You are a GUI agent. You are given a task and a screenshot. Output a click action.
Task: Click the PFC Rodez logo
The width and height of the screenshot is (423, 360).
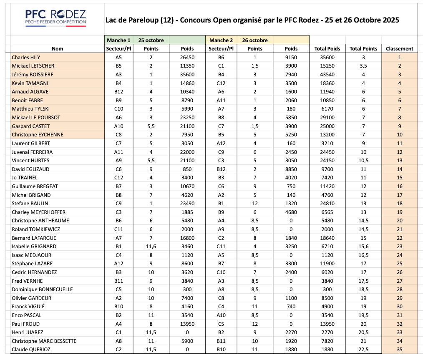(55, 17)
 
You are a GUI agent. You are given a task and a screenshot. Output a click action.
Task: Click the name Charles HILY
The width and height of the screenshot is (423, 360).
(26, 57)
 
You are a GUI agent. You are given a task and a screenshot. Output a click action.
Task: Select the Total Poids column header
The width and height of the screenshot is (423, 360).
(327, 48)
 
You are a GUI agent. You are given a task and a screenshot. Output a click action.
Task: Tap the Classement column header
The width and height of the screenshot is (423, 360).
(399, 48)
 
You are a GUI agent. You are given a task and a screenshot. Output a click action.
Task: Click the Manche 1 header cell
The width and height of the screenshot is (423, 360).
(118, 40)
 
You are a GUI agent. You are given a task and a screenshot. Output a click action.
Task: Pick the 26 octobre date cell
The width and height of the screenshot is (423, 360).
(255, 40)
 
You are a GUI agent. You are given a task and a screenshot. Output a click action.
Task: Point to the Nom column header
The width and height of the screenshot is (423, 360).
(58, 48)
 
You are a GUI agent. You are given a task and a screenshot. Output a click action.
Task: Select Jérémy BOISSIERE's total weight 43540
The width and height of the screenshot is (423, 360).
(327, 74)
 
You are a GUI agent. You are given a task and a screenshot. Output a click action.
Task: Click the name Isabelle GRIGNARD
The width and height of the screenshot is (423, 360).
(34, 246)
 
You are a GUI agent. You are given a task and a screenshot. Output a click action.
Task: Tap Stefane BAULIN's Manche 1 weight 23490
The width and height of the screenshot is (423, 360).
(187, 203)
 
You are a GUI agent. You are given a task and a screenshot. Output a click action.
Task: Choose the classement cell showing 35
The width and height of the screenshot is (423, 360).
(399, 349)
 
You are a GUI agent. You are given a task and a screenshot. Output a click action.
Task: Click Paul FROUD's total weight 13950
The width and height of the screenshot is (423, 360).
(327, 324)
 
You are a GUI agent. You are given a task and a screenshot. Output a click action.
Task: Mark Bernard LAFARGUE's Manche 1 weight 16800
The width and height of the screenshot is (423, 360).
(187, 238)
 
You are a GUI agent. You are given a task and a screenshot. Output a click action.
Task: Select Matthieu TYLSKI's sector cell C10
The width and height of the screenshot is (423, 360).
(118, 108)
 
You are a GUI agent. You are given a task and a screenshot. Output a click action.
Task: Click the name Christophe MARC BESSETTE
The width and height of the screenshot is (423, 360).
(44, 341)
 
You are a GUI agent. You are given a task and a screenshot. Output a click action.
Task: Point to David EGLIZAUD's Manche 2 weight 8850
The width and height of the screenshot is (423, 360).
(291, 169)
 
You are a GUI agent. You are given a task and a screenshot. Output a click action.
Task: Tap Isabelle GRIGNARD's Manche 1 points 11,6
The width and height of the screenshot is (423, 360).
(151, 246)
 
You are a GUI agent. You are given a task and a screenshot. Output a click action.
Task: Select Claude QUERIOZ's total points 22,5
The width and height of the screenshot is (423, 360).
(363, 349)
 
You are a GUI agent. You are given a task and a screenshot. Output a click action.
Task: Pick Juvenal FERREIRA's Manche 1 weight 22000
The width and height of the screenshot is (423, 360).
(187, 152)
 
